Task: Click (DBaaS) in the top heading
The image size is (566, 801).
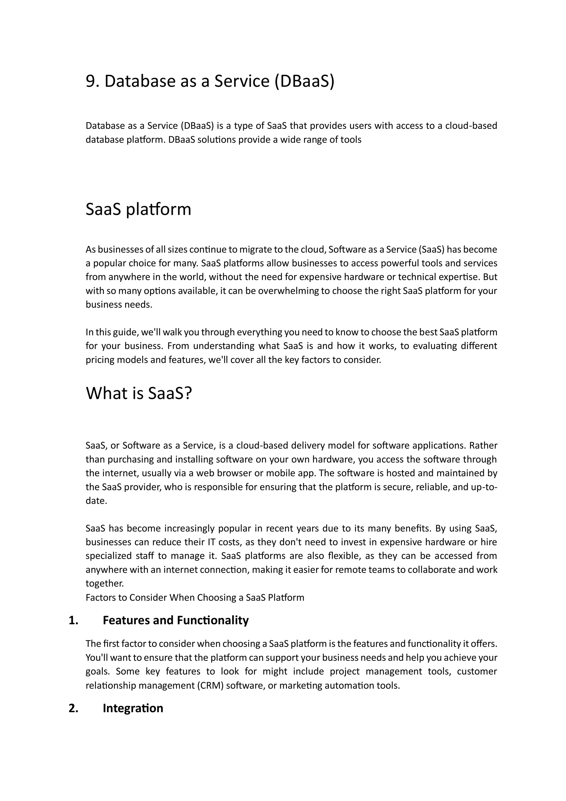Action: (304, 81)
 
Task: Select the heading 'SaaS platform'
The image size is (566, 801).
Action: (138, 209)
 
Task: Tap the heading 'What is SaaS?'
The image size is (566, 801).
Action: (139, 393)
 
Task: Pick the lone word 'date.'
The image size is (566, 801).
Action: (96, 501)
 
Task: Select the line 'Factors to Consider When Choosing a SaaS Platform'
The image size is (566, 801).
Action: (195, 598)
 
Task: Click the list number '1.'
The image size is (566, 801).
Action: (74, 620)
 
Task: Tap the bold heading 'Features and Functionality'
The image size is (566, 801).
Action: (175, 620)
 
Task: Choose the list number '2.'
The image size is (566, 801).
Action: (74, 708)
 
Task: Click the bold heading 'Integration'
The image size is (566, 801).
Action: (133, 708)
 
